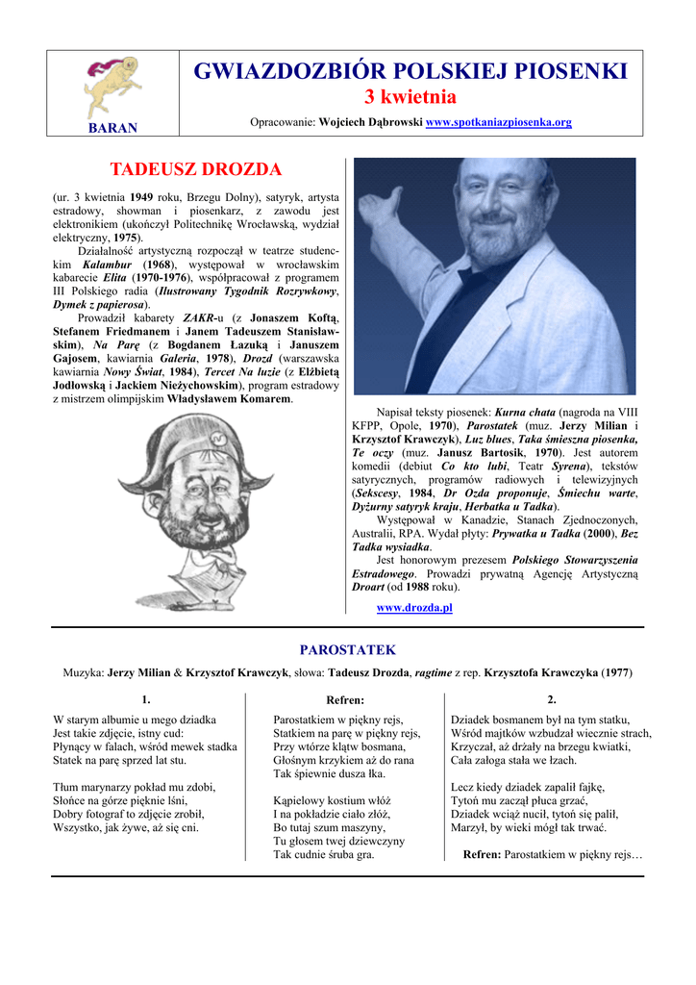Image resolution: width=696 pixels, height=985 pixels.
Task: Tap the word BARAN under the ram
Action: (113, 128)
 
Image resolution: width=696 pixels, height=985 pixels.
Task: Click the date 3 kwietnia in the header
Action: (410, 97)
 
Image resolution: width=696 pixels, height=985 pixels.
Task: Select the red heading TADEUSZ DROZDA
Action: (195, 170)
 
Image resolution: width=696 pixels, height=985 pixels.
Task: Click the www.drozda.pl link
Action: (413, 608)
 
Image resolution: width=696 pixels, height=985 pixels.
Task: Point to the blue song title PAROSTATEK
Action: (347, 650)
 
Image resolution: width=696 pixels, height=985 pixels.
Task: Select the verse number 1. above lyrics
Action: (145, 699)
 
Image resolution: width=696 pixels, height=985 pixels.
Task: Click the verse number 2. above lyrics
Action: (551, 699)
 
